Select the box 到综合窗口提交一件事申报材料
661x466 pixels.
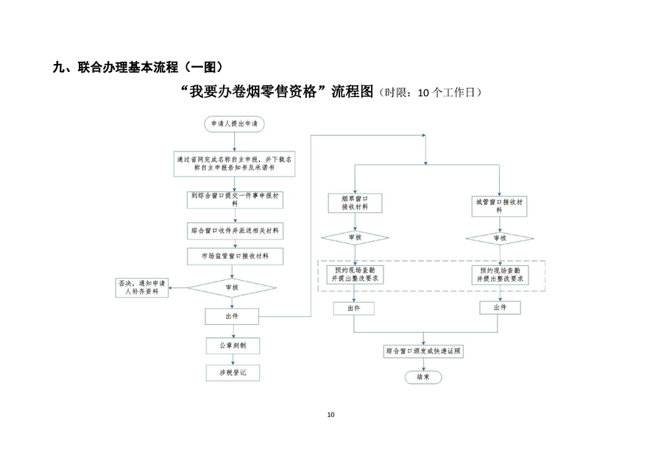click(x=234, y=200)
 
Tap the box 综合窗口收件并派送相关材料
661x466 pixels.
click(x=234, y=231)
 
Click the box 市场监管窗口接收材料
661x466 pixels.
click(x=234, y=256)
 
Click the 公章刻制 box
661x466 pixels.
click(x=233, y=345)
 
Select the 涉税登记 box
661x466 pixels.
click(x=233, y=373)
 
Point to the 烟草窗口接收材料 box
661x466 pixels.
click(x=355, y=203)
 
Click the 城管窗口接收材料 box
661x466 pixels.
click(x=499, y=204)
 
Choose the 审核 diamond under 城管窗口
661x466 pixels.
click(x=499, y=238)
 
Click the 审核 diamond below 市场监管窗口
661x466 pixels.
click(x=233, y=287)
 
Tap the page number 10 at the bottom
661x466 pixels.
click(x=330, y=415)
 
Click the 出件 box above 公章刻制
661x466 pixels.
click(x=233, y=316)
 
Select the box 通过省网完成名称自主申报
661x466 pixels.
click(x=234, y=163)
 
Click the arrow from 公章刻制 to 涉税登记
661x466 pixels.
click(x=233, y=359)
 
